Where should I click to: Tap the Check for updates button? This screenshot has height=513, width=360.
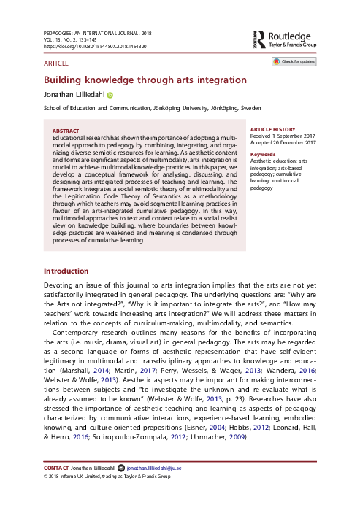[x=295, y=63]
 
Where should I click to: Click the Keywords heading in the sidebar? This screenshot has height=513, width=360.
[x=263, y=155]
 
